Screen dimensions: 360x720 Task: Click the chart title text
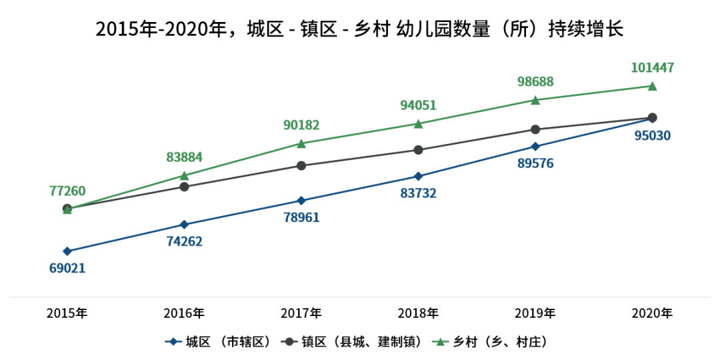[x=359, y=29]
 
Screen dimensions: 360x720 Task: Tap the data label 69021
[x=67, y=268]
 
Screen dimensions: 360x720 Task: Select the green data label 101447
[x=652, y=67]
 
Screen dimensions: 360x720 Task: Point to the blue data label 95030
[x=652, y=135]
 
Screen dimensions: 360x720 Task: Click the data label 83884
[x=184, y=157]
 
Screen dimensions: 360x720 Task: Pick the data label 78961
[x=301, y=217]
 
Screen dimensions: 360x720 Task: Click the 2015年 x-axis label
[x=67, y=313]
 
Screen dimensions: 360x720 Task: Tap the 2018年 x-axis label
[x=418, y=313]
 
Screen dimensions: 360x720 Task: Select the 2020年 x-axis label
[x=652, y=313]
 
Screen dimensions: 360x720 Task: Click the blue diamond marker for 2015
[x=67, y=251]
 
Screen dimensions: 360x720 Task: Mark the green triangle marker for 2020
[x=652, y=86]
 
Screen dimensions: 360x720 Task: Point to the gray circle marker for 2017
[x=301, y=165]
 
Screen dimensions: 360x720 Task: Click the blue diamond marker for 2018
[x=418, y=176]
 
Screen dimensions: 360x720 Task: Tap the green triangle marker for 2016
[x=184, y=175]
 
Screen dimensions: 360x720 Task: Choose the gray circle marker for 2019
[x=535, y=129]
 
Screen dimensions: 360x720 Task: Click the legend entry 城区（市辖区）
[x=220, y=342]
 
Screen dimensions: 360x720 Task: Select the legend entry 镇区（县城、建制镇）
[x=353, y=342]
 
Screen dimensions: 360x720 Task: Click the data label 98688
[x=535, y=82]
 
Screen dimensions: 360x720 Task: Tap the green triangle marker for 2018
[x=418, y=123]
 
